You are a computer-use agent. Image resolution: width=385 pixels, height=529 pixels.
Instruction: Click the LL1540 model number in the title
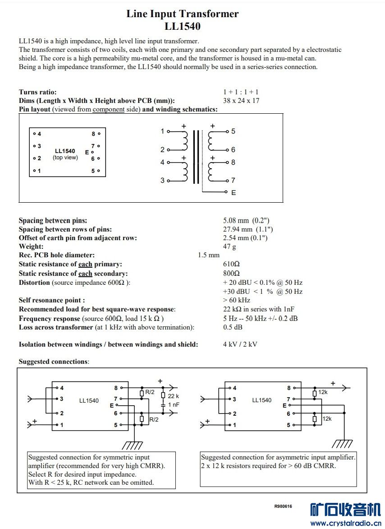pos(182,26)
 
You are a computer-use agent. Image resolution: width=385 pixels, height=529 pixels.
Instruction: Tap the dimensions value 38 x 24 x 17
pos(241,101)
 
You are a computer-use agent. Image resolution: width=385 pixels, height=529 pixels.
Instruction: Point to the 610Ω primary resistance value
pos(231,264)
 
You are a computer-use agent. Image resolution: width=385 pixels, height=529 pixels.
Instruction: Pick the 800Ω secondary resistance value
pos(231,274)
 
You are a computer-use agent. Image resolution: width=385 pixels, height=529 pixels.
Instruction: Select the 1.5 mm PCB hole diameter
pos(209,255)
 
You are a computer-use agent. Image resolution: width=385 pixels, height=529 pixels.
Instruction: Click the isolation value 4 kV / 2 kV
pos(240,344)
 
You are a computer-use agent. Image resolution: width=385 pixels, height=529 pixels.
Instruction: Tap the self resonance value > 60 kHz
pos(237,300)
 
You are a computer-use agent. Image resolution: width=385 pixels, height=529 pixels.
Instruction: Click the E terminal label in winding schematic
pos(234,193)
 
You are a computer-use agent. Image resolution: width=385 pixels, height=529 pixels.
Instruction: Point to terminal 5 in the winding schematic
pos(233,131)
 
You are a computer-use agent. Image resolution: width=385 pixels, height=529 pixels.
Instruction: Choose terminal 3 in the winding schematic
pos(162,181)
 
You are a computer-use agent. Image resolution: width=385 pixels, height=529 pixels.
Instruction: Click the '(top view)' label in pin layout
pos(65,158)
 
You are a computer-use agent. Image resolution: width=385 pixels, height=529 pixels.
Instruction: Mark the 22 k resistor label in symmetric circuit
pos(174,396)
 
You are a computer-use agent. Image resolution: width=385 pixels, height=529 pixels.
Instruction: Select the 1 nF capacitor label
pos(174,405)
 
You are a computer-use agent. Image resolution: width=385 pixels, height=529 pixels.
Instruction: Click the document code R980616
pos(283,506)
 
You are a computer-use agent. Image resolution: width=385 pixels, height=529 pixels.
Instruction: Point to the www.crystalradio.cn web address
pos(346,523)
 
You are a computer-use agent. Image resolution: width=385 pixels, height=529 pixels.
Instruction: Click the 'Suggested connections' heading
pos(54,362)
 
